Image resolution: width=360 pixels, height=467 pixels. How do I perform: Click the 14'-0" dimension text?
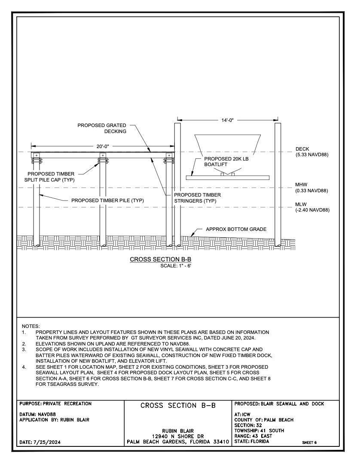227,120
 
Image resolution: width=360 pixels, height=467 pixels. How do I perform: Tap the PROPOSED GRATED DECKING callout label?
102,128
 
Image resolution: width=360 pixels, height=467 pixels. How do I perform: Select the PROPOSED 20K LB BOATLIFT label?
226,161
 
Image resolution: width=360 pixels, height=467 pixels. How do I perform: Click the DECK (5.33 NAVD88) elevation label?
311,152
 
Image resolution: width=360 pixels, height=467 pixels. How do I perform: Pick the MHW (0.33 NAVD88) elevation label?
311,188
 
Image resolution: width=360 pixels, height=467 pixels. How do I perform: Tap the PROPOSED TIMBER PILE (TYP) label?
107,200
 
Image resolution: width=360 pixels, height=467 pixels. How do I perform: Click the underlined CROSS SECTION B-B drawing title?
160,260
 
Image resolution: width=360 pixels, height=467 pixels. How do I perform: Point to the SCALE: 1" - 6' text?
175,266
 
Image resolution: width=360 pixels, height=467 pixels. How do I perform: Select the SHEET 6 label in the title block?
309,442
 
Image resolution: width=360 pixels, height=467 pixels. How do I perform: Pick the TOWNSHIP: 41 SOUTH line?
260,431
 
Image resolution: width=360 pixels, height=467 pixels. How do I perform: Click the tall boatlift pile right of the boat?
278,185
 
